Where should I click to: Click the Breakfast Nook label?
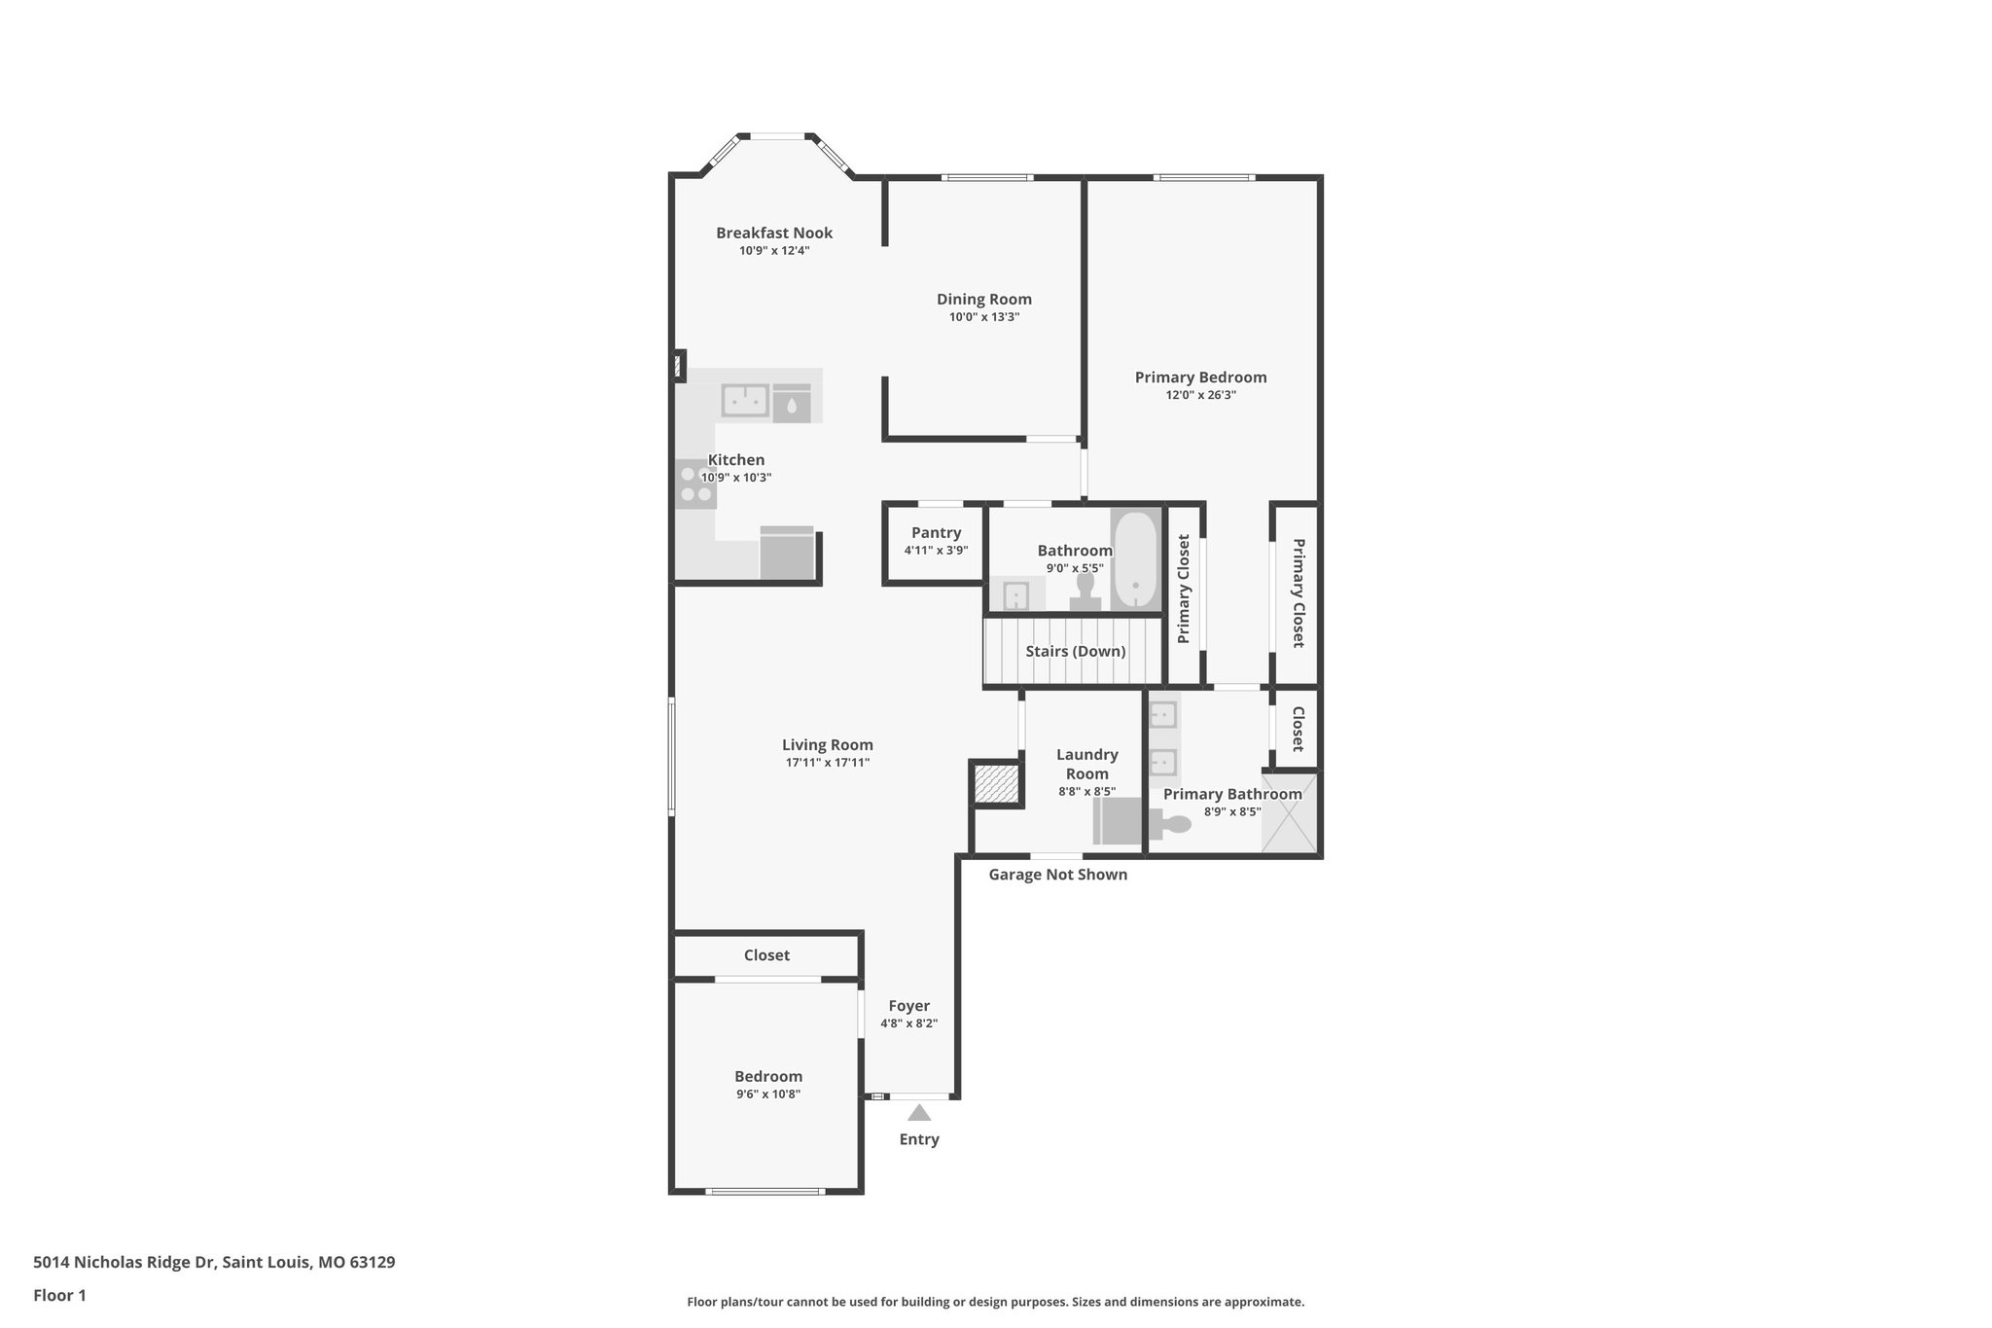pyautogui.click(x=774, y=233)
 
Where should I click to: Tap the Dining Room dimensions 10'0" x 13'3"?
pyautogui.click(x=984, y=317)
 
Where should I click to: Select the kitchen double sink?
pyautogui.click(x=745, y=400)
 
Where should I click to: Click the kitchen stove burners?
pyautogui.click(x=695, y=485)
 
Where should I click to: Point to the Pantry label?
pyautogui.click(x=936, y=533)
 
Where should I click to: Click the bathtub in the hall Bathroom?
pyautogui.click(x=1135, y=560)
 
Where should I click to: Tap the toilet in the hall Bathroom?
pyautogui.click(x=1085, y=591)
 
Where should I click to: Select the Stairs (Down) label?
pyautogui.click(x=1075, y=652)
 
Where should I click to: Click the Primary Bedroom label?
pyautogui.click(x=1200, y=377)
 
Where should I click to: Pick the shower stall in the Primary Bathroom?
pyautogui.click(x=1291, y=812)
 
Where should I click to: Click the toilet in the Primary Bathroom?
pyautogui.click(x=1170, y=825)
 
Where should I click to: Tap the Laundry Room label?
pyautogui.click(x=1086, y=764)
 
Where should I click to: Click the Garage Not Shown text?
pyautogui.click(x=1057, y=875)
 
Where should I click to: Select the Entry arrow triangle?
pyautogui.click(x=918, y=1113)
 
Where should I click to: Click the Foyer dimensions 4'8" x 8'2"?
pyautogui.click(x=908, y=1023)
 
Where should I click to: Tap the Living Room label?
pyautogui.click(x=827, y=745)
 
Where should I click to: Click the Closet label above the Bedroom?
pyautogui.click(x=766, y=955)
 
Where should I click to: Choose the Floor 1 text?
pyautogui.click(x=59, y=1295)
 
